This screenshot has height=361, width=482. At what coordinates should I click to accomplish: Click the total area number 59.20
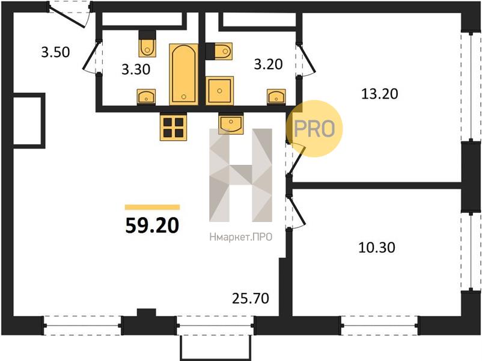[x=152, y=225]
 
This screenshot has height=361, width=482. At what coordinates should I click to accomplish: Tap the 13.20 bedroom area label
[x=380, y=94]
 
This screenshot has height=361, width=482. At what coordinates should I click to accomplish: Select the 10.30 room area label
[x=377, y=247]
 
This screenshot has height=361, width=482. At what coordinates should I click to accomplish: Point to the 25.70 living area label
[x=251, y=298]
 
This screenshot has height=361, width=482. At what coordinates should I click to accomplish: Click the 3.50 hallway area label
[x=56, y=52]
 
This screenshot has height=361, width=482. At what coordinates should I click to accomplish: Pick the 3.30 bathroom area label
[x=136, y=70]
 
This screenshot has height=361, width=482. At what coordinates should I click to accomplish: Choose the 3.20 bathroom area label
[x=268, y=64]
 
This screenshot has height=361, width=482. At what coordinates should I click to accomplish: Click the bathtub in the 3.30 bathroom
[x=184, y=74]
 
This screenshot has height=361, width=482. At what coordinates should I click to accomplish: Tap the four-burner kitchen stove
[x=173, y=127]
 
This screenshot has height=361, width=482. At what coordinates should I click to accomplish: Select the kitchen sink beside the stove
[x=231, y=124]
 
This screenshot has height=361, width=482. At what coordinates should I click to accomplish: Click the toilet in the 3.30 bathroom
[x=147, y=44]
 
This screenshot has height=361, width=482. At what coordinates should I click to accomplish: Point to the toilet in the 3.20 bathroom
[x=219, y=51]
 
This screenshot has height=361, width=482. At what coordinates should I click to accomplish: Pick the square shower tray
[x=219, y=91]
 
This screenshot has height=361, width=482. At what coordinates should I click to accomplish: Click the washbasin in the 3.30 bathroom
[x=146, y=97]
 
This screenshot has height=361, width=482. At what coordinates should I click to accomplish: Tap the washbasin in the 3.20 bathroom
[x=276, y=97]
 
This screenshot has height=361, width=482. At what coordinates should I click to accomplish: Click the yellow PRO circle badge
[x=314, y=129]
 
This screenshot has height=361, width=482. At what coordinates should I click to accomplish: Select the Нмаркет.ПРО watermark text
[x=240, y=237]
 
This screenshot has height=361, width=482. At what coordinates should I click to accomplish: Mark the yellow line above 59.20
[x=152, y=207]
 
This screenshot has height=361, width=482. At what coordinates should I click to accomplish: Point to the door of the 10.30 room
[x=296, y=213]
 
